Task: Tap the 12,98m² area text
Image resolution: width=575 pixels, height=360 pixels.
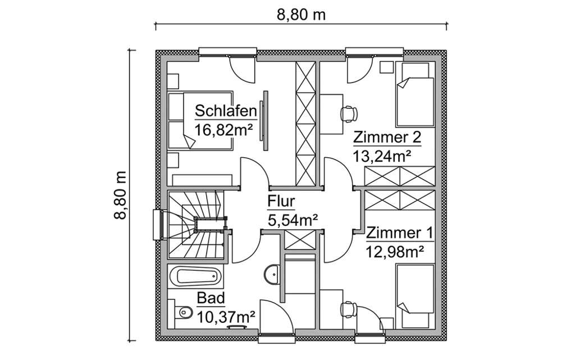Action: point(395,251)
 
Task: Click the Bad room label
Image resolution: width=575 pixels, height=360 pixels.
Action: point(211,298)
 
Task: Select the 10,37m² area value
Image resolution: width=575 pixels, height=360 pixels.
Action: point(226,317)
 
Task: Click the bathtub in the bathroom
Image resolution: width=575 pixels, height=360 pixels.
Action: point(195,276)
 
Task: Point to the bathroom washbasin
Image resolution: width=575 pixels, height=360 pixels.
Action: point(272,274)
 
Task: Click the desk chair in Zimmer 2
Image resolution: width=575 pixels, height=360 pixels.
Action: point(349,113)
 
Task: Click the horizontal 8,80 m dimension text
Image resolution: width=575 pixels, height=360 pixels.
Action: point(302,15)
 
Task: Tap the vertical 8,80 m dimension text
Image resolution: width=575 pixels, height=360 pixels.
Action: point(122,195)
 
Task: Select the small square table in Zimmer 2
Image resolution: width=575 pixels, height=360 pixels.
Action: point(386,67)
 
